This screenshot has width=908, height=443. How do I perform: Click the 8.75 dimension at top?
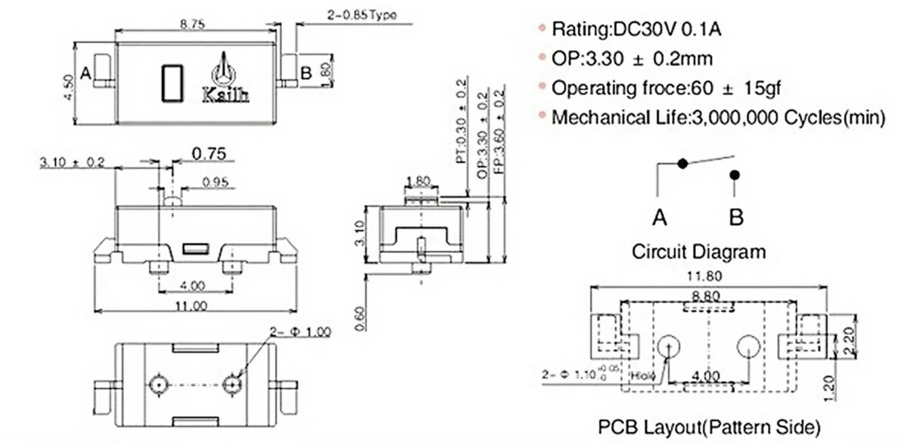pyautogui.click(x=192, y=24)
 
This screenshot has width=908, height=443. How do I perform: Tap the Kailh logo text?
pyautogui.click(x=225, y=95)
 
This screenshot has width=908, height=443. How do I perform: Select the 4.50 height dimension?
pyautogui.click(x=68, y=87)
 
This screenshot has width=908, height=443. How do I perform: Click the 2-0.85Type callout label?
pyautogui.click(x=361, y=15)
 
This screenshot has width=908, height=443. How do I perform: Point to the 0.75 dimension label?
pyautogui.click(x=208, y=154)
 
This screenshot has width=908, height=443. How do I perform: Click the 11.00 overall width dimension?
pyautogui.click(x=191, y=306)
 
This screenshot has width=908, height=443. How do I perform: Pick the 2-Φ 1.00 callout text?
pyautogui.click(x=300, y=331)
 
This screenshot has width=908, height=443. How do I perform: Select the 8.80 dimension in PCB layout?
pyautogui.click(x=705, y=296)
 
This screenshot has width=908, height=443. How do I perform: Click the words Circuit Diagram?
pyautogui.click(x=699, y=251)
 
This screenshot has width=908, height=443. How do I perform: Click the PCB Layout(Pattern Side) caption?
pyautogui.click(x=709, y=427)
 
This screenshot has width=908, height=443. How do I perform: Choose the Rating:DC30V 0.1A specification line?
pyautogui.click(x=636, y=29)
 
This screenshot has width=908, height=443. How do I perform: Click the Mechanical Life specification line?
pyautogui.click(x=718, y=117)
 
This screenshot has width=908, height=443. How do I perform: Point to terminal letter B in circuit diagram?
pyautogui.click(x=736, y=217)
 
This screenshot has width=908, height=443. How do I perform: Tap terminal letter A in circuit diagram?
pyautogui.click(x=659, y=217)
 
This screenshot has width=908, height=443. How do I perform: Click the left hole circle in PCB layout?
pyautogui.click(x=670, y=345)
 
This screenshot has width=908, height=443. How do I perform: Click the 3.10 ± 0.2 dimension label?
pyautogui.click(x=72, y=162)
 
